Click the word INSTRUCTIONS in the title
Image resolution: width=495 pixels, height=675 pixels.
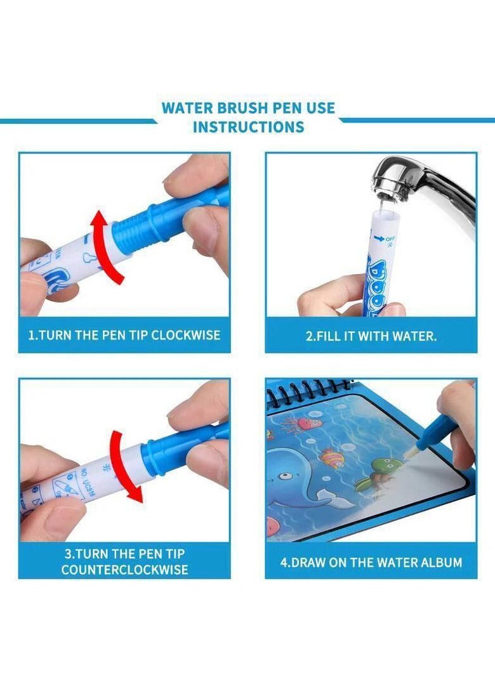pyautogui.click(x=248, y=126)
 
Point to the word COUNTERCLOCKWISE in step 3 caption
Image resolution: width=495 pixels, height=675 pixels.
pyautogui.click(x=124, y=570)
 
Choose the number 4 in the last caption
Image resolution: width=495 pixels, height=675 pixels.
pyautogui.click(x=284, y=562)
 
